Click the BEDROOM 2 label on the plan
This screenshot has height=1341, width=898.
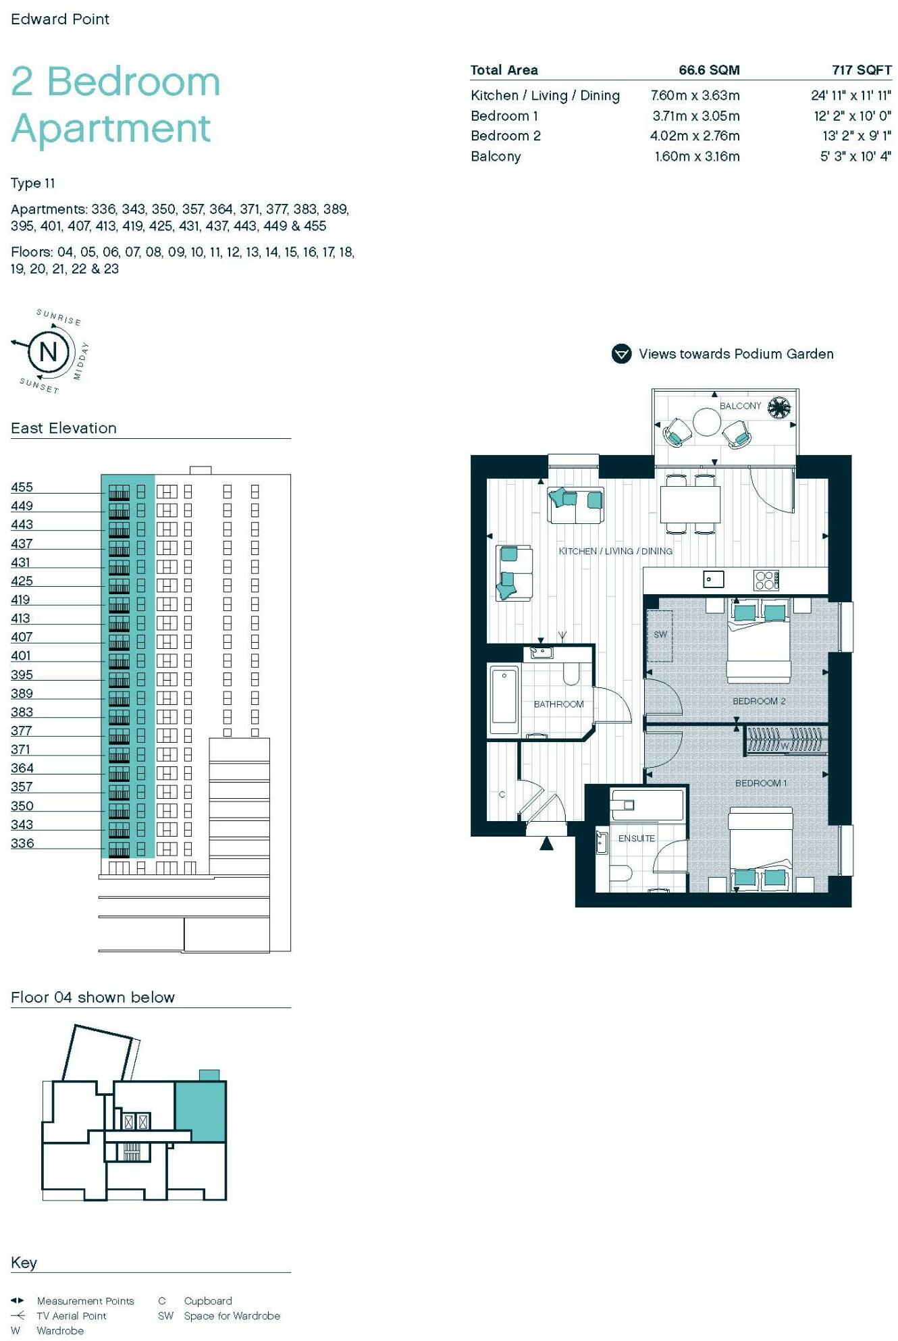pos(758,701)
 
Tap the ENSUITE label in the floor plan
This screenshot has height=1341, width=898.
pos(636,838)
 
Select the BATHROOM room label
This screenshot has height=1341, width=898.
pos(558,704)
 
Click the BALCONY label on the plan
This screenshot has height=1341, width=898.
pos(740,406)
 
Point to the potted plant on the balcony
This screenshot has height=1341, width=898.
pos(780,407)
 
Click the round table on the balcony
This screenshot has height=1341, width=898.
pos(707,423)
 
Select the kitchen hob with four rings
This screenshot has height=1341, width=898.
pos(766,580)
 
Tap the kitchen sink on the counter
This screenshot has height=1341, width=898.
pos(713,579)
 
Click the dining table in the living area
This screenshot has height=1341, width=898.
pos(690,503)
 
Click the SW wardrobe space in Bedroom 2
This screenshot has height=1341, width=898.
pos(660,635)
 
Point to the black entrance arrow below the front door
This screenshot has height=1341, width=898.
pos(546,843)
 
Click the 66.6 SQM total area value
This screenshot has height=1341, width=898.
pos(709,70)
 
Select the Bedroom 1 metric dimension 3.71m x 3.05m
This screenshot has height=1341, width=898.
pos(695,116)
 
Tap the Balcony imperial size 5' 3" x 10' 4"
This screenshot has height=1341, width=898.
pos(855,157)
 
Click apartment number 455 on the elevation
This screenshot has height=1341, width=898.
pos(22,487)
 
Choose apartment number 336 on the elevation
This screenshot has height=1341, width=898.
pos(22,843)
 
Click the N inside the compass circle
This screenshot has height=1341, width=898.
pos(49,352)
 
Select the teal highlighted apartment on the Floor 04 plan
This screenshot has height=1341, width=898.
pos(201,1111)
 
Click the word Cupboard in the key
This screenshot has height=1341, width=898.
pos(208,1300)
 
